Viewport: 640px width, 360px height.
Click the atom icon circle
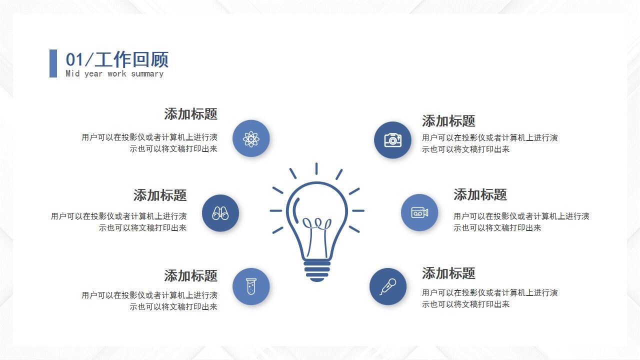[251, 138]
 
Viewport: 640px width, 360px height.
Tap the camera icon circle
[392, 140]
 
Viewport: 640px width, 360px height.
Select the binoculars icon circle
[220, 213]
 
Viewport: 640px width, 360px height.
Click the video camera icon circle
[419, 212]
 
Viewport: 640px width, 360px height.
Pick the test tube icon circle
[251, 286]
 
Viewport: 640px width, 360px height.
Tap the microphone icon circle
[388, 286]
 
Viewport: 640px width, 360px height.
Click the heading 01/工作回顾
[117, 59]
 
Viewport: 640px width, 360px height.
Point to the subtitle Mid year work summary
[114, 73]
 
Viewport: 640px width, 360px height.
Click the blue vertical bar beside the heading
[53, 63]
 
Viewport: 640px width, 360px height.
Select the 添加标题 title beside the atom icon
[190, 114]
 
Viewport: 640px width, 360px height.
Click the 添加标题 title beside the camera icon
[448, 121]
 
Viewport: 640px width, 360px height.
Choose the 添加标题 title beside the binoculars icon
[160, 195]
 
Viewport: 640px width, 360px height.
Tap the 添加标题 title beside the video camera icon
[480, 194]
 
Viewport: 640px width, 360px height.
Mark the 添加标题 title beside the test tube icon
[190, 275]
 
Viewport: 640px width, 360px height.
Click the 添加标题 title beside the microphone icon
[448, 273]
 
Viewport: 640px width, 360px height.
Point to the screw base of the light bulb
[317, 270]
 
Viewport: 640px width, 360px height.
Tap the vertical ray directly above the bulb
[316, 168]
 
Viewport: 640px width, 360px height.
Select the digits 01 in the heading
[74, 59]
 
